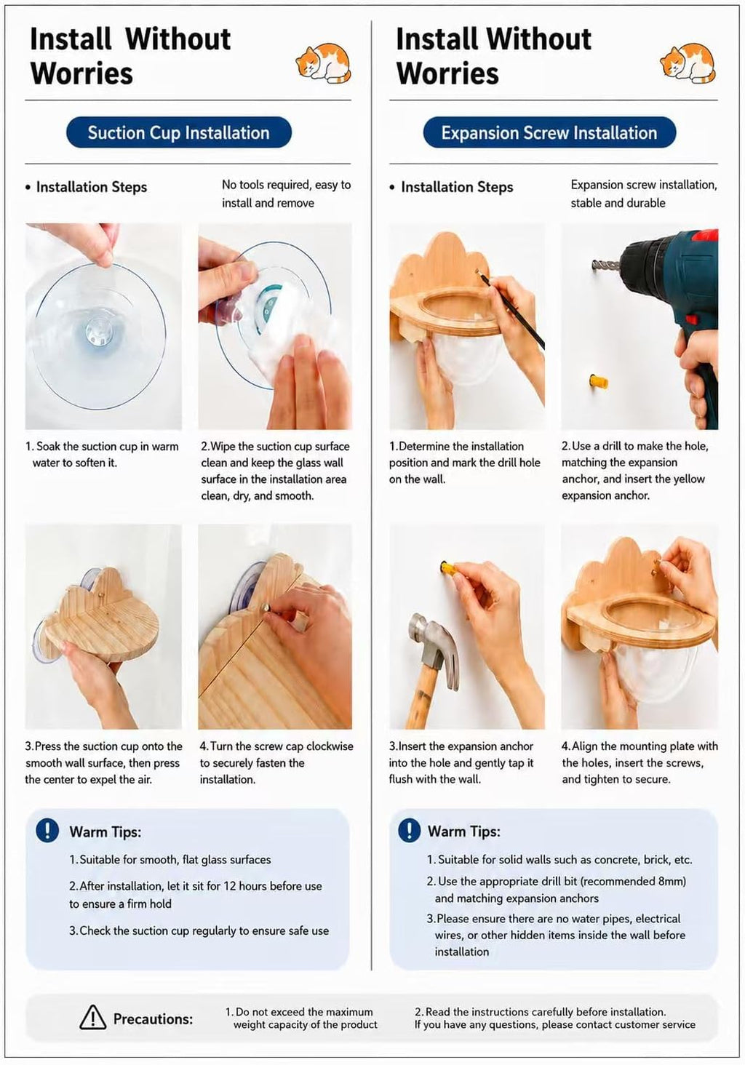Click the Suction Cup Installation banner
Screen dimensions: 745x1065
coord(179,132)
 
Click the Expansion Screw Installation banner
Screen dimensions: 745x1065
coord(549,132)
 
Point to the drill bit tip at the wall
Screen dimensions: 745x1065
coord(595,263)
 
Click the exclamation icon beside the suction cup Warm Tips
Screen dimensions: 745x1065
coord(47,831)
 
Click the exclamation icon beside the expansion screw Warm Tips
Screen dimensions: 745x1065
coord(409,831)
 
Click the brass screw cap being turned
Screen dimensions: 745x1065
coord(266,608)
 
